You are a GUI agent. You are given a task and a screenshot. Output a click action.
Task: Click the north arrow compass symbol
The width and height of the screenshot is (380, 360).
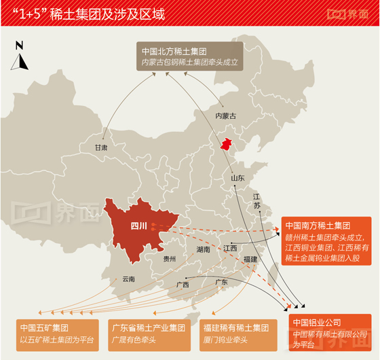(20, 56)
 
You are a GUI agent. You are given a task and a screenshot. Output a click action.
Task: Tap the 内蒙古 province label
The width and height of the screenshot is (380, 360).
(225, 116)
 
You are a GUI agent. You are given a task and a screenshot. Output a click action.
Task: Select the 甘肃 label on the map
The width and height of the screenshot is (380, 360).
(102, 147)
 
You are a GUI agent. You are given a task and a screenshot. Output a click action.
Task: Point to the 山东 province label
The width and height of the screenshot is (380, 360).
(237, 178)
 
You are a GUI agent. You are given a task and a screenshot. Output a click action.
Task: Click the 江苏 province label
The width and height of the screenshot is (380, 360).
(256, 200)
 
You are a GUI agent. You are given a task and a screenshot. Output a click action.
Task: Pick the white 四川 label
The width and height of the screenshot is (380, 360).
(138, 226)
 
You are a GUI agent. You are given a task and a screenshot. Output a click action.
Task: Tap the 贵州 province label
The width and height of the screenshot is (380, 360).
(170, 259)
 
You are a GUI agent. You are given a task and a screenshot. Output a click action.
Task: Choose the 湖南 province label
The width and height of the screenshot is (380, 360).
(203, 249)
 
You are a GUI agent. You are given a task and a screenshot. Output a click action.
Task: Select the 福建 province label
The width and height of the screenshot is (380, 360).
(250, 259)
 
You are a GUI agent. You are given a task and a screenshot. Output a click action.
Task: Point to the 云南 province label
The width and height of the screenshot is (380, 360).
(128, 279)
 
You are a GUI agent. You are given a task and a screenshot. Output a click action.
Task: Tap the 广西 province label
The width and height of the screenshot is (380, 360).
(183, 285)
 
